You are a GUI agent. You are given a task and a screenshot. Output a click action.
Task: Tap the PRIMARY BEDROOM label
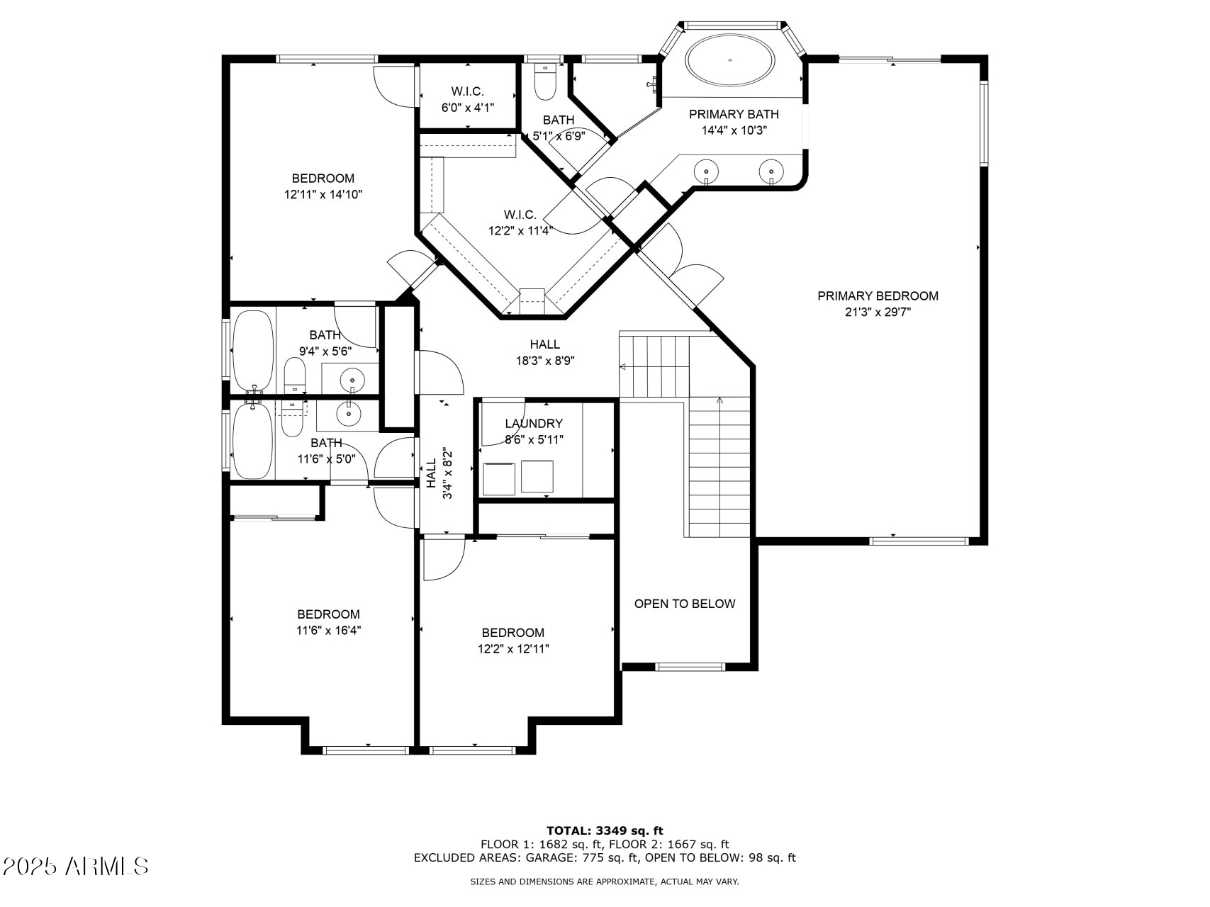click(x=878, y=296)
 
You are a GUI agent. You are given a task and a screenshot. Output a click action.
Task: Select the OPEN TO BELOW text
click(x=685, y=604)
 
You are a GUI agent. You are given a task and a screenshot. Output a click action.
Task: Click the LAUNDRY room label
click(x=534, y=424)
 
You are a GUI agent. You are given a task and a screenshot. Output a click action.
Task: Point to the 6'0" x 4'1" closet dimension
click(x=467, y=108)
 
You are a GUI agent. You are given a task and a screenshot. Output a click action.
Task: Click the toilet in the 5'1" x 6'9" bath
click(x=545, y=81)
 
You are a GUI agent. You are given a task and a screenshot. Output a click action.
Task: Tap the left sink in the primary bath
click(x=706, y=171)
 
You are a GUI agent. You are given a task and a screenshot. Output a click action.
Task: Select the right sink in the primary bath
click(x=771, y=171)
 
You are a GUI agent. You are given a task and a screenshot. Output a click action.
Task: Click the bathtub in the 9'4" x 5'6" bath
click(x=252, y=351)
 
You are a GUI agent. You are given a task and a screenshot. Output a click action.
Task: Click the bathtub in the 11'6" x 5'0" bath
click(x=252, y=440)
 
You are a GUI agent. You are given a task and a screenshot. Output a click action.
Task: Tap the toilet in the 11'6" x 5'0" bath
click(x=292, y=419)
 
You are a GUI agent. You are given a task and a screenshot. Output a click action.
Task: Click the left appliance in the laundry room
click(x=499, y=478)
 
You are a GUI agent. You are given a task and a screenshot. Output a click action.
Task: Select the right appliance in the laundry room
click(x=537, y=476)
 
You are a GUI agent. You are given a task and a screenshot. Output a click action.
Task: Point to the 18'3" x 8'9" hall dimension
click(x=545, y=360)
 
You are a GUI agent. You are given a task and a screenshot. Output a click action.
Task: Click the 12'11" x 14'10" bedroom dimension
click(x=323, y=194)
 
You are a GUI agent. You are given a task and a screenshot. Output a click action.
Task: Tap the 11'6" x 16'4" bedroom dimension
click(x=328, y=630)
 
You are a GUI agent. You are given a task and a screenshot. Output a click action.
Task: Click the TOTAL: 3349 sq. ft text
click(x=605, y=830)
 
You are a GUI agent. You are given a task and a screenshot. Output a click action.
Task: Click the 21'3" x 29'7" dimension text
click(x=878, y=312)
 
